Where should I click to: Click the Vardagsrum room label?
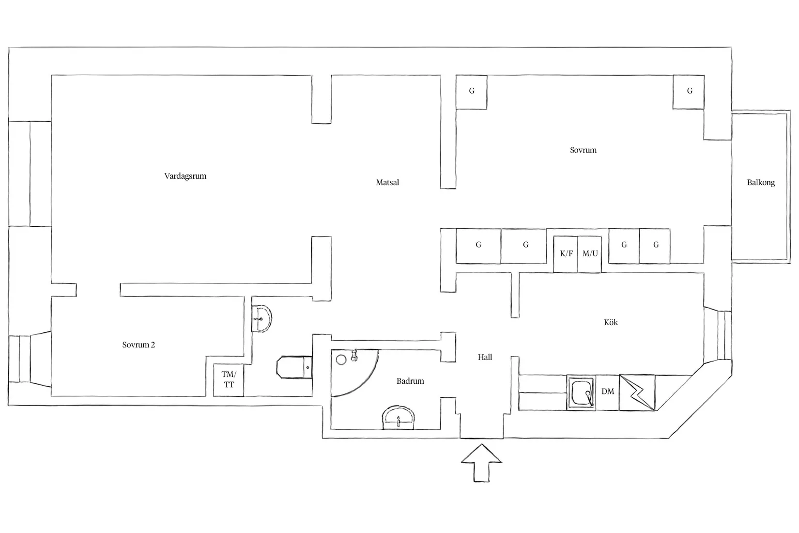pos(185,176)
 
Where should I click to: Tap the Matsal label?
pos(387,182)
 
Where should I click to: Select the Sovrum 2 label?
pos(138,345)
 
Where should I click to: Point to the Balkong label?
pos(761,182)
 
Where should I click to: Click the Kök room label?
pos(611,322)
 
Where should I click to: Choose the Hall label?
pos(485,357)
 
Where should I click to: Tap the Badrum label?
pos(410,381)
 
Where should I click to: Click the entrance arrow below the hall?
pos(481,463)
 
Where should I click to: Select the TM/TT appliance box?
pos(229,380)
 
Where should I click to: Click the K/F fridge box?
pos(566,254)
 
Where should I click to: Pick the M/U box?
pos(590,254)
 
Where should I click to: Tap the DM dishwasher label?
pos(608,392)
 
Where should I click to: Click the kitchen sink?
pos(582,392)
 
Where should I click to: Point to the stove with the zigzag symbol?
pos(637,392)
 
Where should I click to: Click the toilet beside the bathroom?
pos(294,367)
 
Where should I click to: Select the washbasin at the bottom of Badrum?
pos(399,418)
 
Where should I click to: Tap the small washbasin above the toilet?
pos(261,318)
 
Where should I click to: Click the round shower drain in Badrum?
pos(341,360)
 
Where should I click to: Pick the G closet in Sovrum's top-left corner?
pos(471,92)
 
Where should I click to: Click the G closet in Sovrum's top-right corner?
pos(689,92)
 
